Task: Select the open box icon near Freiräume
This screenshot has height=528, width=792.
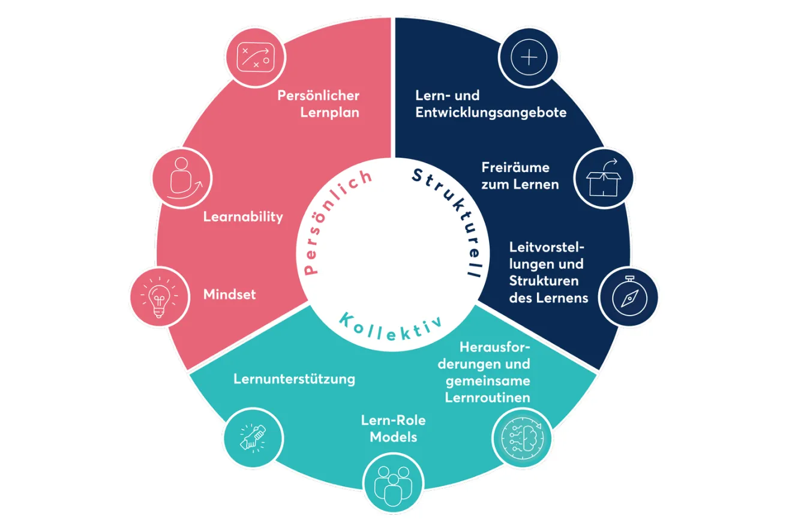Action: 603,178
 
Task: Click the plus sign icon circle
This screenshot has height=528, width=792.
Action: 529,58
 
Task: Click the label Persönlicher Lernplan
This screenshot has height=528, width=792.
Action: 318,104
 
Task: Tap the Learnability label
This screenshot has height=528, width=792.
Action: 243,217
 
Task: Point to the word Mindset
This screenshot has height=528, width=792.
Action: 230,295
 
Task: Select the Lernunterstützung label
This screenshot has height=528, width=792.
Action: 294,379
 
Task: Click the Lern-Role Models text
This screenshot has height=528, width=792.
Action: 393,428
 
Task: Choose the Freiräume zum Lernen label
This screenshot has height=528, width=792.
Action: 520,176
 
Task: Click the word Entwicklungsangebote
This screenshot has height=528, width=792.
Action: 491,112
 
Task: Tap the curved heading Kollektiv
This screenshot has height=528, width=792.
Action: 391,323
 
